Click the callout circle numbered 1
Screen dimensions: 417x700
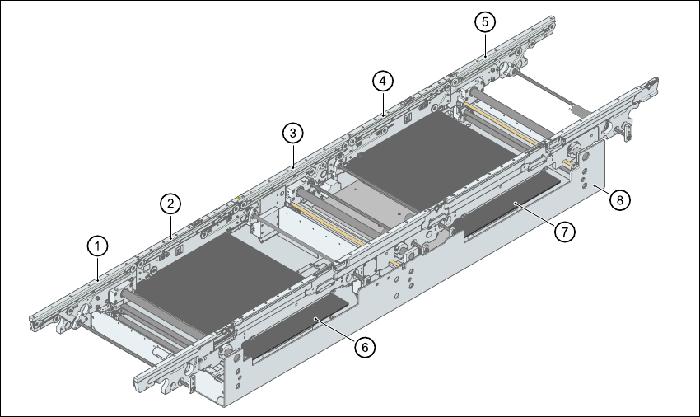98,245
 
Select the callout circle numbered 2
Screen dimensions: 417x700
170,202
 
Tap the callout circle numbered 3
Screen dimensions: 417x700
292,132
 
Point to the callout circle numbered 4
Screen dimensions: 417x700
382,81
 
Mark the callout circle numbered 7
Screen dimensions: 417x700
563,232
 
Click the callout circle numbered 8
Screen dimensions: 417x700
621,199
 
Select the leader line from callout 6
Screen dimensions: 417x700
338,330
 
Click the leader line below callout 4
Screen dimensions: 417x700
383,101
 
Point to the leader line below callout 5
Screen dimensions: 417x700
486,43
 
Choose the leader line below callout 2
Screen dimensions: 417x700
170,224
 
